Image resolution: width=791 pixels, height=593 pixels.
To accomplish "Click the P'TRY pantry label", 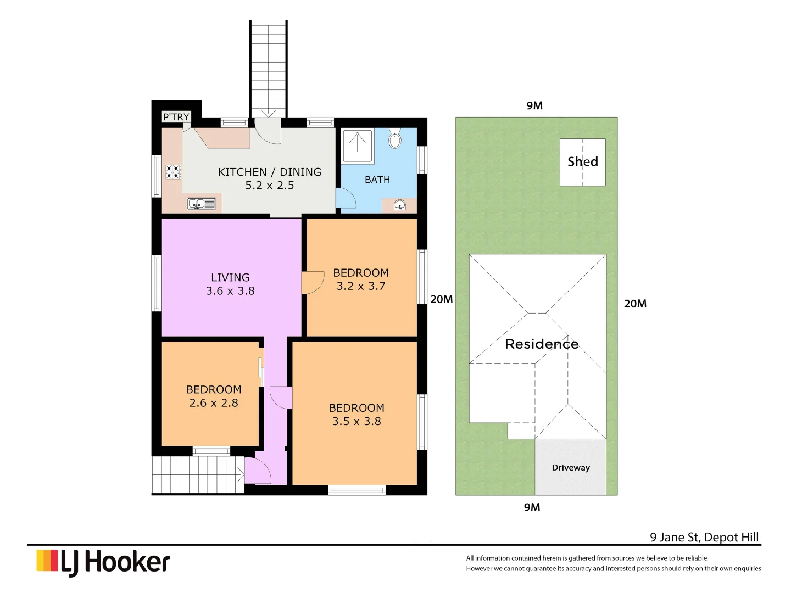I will point(176,117).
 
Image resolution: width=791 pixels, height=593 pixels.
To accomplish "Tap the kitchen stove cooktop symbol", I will point(173,172).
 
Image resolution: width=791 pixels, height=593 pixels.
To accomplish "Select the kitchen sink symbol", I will point(202,204).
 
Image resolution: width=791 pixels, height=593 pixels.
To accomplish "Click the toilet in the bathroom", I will point(394,139).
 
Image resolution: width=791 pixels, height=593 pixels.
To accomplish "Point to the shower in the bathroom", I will point(358,146).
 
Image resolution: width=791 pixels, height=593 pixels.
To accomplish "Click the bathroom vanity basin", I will point(400,206).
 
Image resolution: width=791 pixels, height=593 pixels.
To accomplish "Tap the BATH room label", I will point(377,180).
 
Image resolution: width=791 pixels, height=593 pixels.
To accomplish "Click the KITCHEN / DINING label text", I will point(269,172).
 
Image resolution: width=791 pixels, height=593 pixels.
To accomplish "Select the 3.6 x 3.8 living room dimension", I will point(230,291).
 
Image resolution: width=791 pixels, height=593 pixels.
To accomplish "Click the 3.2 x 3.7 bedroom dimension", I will point(361,286).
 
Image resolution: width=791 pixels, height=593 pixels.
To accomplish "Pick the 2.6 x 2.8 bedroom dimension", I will point(214,403).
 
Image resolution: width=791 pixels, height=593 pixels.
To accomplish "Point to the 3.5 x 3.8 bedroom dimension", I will point(356,421).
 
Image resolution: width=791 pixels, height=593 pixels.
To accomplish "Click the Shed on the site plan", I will point(582,162).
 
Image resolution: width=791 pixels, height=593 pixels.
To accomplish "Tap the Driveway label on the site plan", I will point(571,468).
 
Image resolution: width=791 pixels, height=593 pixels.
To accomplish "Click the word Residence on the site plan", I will point(542,344).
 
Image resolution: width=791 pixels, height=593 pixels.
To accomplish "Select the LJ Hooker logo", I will point(103,562).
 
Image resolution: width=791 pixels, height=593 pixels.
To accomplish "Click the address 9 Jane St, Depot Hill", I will point(704,537).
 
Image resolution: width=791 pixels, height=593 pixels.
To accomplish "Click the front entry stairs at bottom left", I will point(198,475).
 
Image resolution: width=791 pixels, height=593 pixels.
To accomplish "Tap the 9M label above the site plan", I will point(534,105).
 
